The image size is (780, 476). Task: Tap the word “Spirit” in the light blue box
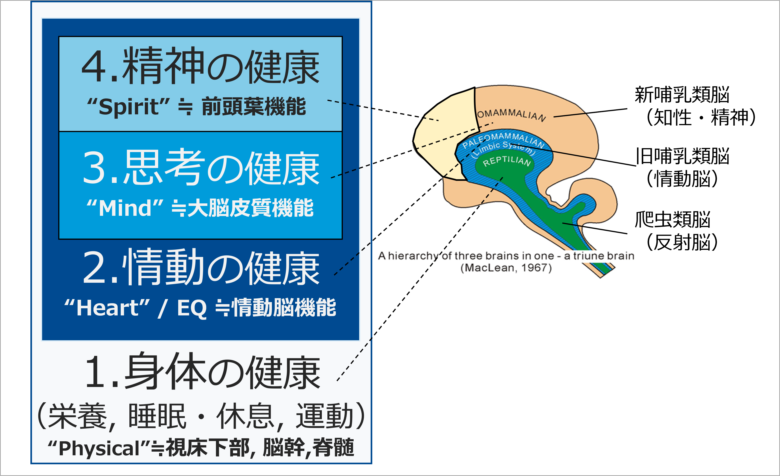[128, 106]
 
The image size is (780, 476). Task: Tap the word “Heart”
[107, 308]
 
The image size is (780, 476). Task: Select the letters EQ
[192, 308]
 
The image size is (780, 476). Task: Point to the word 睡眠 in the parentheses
[157, 416]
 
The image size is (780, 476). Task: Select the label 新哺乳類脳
[682, 95]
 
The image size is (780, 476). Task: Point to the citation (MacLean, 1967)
[506, 268]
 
